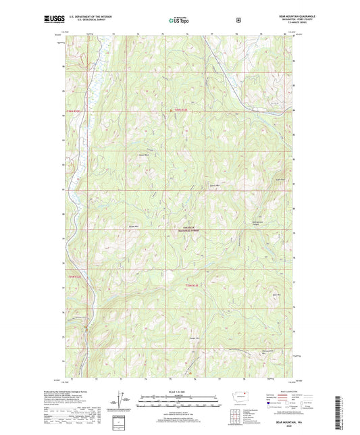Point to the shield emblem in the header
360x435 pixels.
coord(238,20)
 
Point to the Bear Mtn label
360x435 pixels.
coord(276,295)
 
